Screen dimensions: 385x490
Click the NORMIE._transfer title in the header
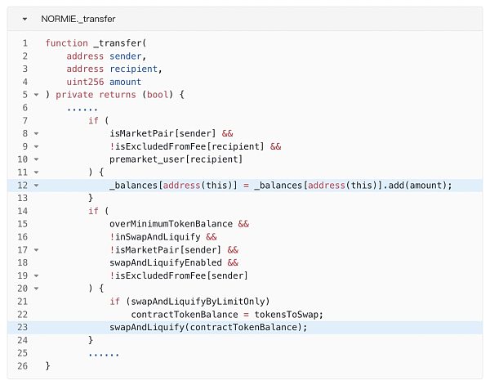(x=78, y=18)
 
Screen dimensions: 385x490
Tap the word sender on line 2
(x=127, y=56)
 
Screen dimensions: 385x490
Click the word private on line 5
(x=74, y=95)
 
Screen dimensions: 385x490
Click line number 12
(x=24, y=186)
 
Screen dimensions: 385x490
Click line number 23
(x=24, y=328)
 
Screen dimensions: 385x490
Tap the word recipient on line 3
(x=135, y=69)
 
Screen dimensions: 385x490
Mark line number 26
(x=24, y=366)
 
